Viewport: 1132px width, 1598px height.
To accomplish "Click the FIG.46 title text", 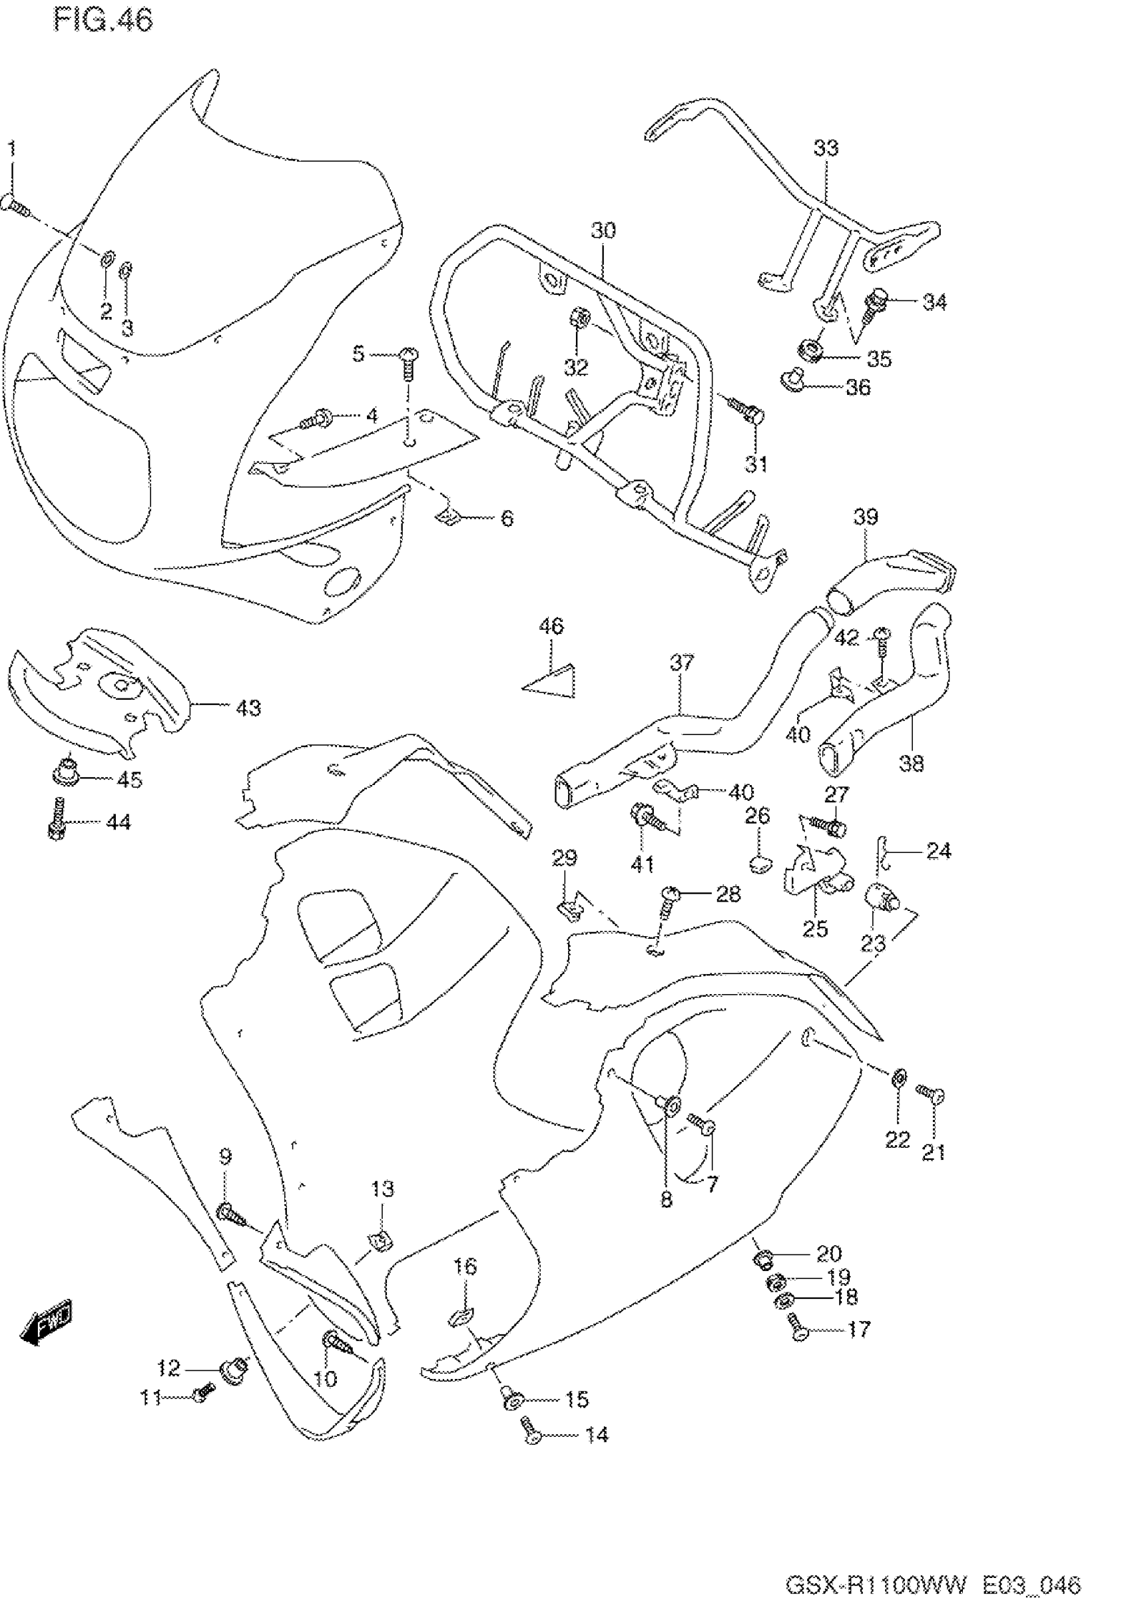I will click(103, 21).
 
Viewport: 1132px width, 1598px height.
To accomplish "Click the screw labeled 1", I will click(15, 205).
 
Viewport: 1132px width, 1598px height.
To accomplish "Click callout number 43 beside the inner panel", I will click(248, 708).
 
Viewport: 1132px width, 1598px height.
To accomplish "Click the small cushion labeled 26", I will click(760, 864).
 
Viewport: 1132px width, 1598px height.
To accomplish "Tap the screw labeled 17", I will click(799, 1327).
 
